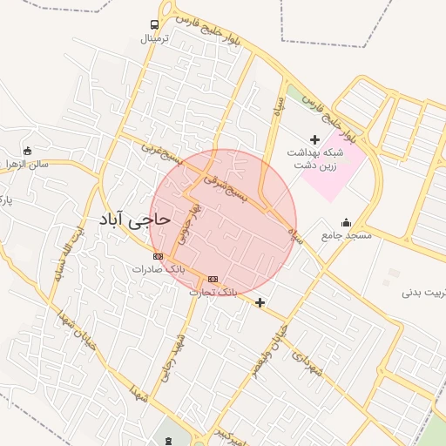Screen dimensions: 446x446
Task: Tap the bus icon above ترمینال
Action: (x=154, y=25)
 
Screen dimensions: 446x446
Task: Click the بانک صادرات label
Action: (x=153, y=269)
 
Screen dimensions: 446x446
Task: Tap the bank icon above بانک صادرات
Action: (x=158, y=256)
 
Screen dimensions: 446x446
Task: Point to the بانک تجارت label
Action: (x=213, y=291)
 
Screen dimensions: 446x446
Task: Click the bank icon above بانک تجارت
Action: (x=213, y=279)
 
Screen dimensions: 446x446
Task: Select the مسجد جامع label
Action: (x=346, y=235)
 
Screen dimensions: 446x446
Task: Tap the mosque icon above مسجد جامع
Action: (x=347, y=222)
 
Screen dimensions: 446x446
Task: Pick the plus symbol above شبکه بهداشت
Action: (x=314, y=139)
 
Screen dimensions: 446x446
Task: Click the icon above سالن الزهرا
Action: (x=29, y=150)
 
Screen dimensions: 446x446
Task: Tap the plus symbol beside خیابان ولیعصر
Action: (x=260, y=302)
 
